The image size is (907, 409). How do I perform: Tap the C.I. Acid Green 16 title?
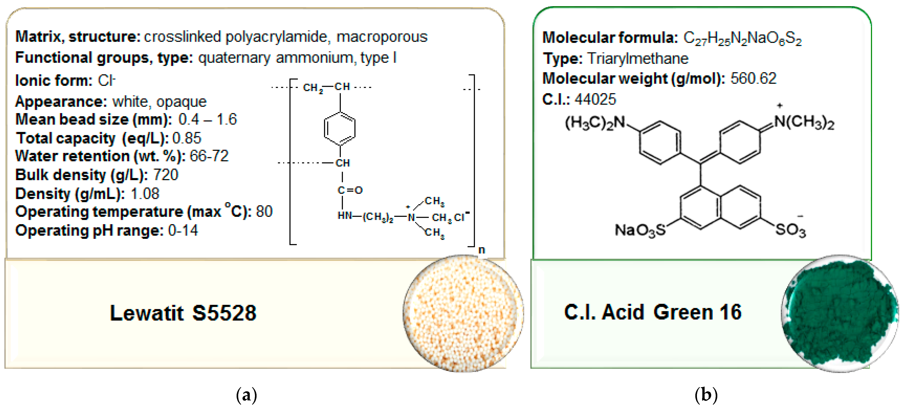coord(652,312)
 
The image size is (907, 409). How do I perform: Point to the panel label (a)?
coord(247,395)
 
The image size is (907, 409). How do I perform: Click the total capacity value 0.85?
coord(187,138)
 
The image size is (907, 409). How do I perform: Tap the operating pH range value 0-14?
coord(183,230)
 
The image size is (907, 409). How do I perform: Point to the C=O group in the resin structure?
coord(350,190)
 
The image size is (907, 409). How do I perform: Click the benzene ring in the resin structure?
coord(340,128)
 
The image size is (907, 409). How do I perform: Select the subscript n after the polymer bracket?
coord(482,250)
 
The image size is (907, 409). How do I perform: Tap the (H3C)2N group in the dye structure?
coord(595,123)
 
